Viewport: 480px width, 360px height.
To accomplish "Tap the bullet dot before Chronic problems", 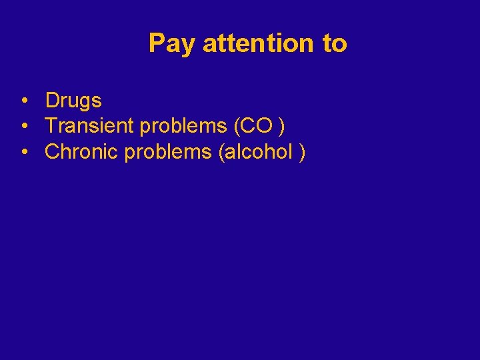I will [x=23, y=153].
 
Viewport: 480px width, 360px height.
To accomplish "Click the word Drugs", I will [x=73, y=101].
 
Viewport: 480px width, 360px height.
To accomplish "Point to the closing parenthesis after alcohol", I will [x=303, y=153].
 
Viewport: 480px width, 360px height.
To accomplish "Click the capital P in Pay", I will [x=157, y=43].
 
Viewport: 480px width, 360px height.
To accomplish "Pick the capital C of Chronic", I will [x=52, y=152].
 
